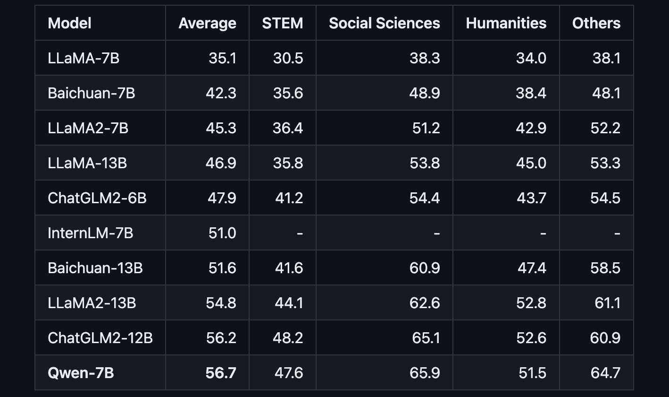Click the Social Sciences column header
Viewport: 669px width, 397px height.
[x=384, y=23]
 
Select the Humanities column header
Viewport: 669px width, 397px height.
[x=506, y=23]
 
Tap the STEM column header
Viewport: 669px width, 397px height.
[x=283, y=23]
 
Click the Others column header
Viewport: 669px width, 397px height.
[x=596, y=23]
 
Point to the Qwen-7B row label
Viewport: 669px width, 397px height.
[x=81, y=373]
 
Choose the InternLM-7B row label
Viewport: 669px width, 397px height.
[x=90, y=233]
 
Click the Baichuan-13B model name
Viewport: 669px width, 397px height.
[x=95, y=268]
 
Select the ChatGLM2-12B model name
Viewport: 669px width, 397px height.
[x=100, y=338]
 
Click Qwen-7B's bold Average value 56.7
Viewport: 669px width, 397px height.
[x=221, y=373]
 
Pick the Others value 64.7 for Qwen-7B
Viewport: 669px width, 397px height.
[x=605, y=373]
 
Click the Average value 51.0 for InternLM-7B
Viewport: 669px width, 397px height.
[x=222, y=233]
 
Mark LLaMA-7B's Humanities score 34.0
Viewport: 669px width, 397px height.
[x=531, y=58]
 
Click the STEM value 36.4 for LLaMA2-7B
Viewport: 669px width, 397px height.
[x=288, y=128]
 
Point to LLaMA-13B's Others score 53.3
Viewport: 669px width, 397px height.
[x=605, y=163]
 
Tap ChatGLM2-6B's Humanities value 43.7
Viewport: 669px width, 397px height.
[x=531, y=198]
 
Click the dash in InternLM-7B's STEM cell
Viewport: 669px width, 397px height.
[x=300, y=233]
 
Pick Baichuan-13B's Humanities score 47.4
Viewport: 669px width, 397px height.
[x=531, y=268]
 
